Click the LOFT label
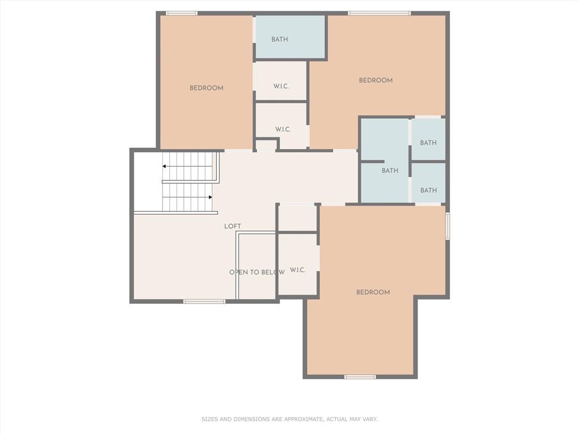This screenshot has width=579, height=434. pyautogui.click(x=233, y=226)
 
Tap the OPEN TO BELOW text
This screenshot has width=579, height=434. pyautogui.click(x=257, y=272)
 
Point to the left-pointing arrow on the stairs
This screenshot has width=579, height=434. pyautogui.click(x=187, y=166)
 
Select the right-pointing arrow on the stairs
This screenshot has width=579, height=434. pyautogui.click(x=187, y=197)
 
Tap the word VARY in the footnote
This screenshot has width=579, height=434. pyautogui.click(x=370, y=419)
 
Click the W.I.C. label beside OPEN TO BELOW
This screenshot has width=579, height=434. pyautogui.click(x=298, y=270)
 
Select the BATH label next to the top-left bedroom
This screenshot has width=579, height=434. pyautogui.click(x=280, y=39)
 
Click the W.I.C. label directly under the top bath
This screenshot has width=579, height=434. pyautogui.click(x=281, y=86)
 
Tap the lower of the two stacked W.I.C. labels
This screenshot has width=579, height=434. pyautogui.click(x=283, y=129)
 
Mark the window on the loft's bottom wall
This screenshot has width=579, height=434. pyautogui.click(x=204, y=302)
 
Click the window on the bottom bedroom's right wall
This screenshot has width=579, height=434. pyautogui.click(x=448, y=226)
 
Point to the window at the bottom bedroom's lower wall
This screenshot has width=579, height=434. pyautogui.click(x=360, y=377)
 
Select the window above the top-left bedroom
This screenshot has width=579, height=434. pyautogui.click(x=181, y=13)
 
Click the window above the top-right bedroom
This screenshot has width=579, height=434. pyautogui.click(x=379, y=13)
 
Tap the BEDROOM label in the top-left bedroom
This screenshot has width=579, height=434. pyautogui.click(x=207, y=88)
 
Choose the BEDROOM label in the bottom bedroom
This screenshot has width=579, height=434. pyautogui.click(x=373, y=292)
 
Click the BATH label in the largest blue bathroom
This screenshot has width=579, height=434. pyautogui.click(x=390, y=170)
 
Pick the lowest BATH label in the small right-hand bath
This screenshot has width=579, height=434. pyautogui.click(x=428, y=190)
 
